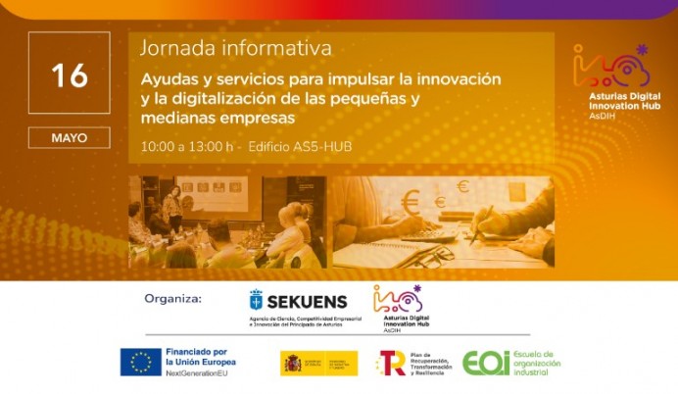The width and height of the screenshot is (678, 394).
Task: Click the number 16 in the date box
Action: (x=69, y=74)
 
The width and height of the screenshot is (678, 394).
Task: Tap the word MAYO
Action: (x=69, y=138)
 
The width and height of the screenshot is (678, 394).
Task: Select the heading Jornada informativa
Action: (x=235, y=47)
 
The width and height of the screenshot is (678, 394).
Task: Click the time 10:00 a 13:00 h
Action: (x=187, y=147)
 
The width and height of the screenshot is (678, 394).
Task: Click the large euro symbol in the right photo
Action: (x=410, y=203)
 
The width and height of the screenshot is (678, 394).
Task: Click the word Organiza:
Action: (x=172, y=298)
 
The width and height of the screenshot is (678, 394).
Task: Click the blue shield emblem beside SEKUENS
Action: (x=257, y=300)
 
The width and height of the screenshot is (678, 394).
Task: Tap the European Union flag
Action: (x=141, y=363)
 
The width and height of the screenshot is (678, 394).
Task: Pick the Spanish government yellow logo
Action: (x=318, y=363)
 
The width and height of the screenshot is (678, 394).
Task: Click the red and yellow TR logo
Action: (x=391, y=363)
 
